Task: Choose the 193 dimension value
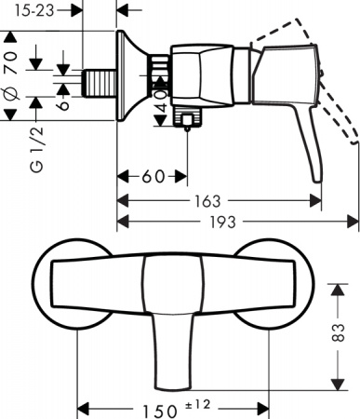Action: [224, 221]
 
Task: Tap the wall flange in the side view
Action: [123, 78]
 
